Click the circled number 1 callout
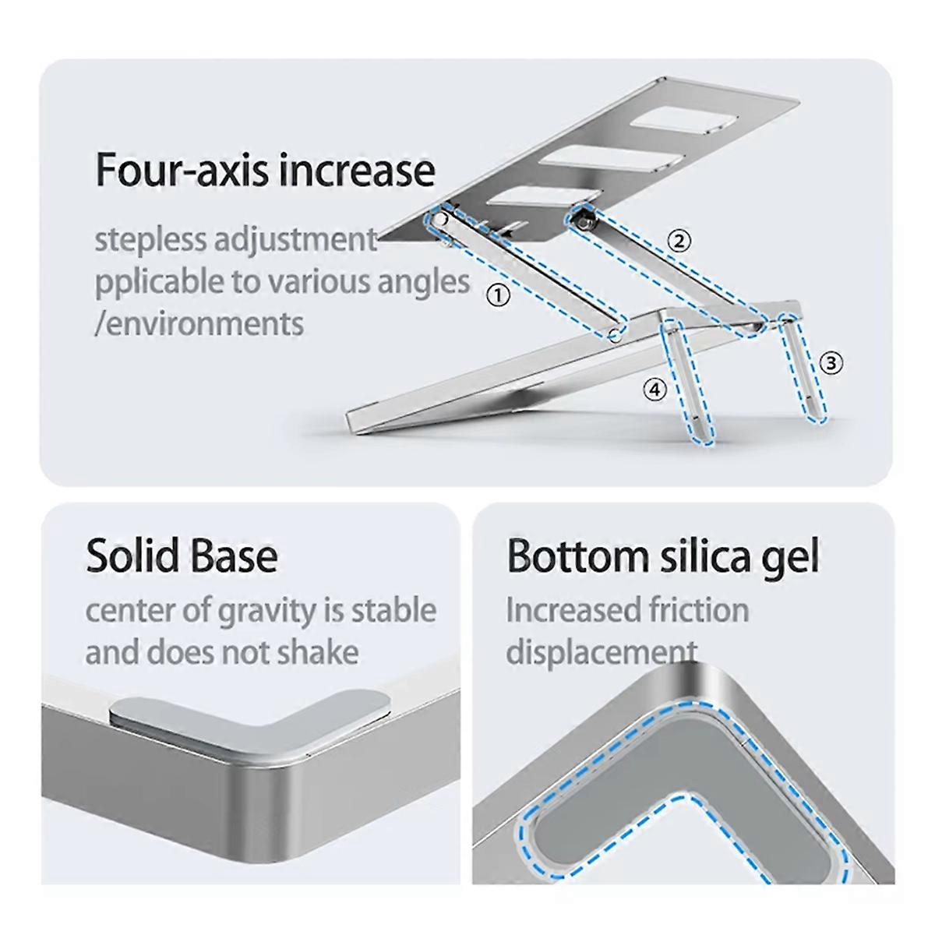498,295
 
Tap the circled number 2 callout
679,241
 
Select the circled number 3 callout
831,363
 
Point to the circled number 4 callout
654,389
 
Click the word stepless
151,240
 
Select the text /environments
199,323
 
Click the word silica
702,556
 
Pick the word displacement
602,651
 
